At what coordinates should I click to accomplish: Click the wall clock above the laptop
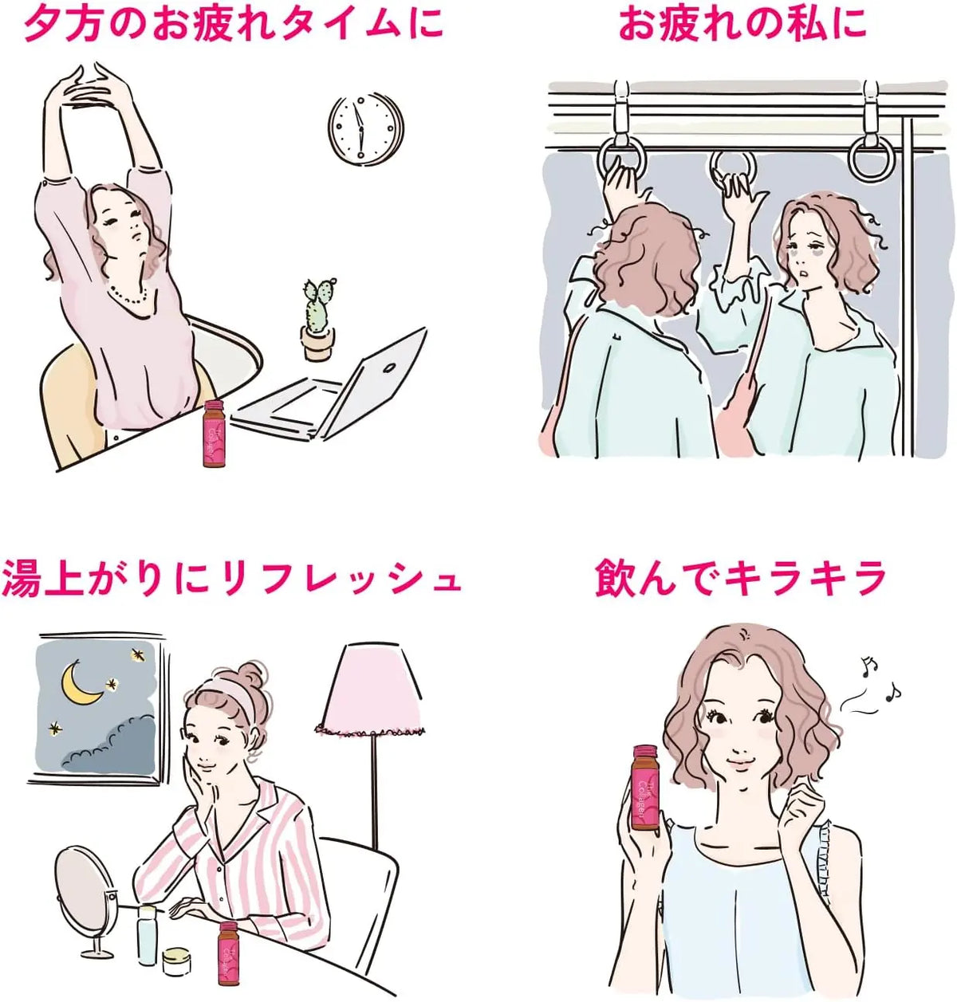click(366, 128)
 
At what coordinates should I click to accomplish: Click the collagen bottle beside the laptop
click(216, 434)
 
